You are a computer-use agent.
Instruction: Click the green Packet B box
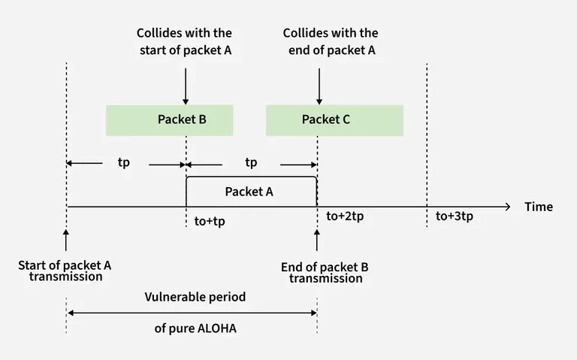coord(170,119)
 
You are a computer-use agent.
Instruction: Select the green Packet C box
coord(334,119)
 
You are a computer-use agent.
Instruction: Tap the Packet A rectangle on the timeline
coord(251,191)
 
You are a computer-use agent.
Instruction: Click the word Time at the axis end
coord(539,207)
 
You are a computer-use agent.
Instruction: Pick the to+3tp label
coord(455,216)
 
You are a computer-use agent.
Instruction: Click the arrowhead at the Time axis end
coord(508,205)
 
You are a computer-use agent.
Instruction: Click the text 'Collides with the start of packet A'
coord(184,41)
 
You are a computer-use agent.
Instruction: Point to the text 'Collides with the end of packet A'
coord(331,41)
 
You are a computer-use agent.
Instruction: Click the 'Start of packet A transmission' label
coord(65,271)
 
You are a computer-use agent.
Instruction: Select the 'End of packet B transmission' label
coord(325,272)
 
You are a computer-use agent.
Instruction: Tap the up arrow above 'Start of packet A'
coord(66,241)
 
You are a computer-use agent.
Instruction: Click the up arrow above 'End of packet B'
coord(316,241)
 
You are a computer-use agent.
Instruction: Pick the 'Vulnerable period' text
coord(195,297)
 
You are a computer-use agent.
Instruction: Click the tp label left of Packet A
coord(124,162)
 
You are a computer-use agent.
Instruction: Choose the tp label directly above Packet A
coord(251,162)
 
